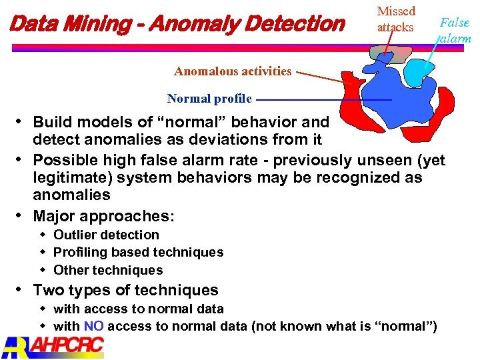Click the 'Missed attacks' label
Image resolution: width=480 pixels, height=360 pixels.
pos(395,19)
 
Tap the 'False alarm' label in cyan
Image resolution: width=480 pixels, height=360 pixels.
pos(455,30)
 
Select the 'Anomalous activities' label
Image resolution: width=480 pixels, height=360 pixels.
pos(233,71)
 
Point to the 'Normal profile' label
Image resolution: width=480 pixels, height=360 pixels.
pos(209,99)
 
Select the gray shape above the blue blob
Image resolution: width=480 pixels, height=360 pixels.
pos(391,55)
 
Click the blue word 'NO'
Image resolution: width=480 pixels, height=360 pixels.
pos(93,327)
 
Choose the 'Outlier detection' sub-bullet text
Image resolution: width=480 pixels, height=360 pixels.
pos(106,235)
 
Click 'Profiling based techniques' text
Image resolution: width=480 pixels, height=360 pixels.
pos(138,252)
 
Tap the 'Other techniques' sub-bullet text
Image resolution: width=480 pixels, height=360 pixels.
pos(108,270)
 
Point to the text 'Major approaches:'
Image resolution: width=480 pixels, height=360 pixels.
pos(103,216)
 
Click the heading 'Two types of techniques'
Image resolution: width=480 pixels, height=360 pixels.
pos(125,290)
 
